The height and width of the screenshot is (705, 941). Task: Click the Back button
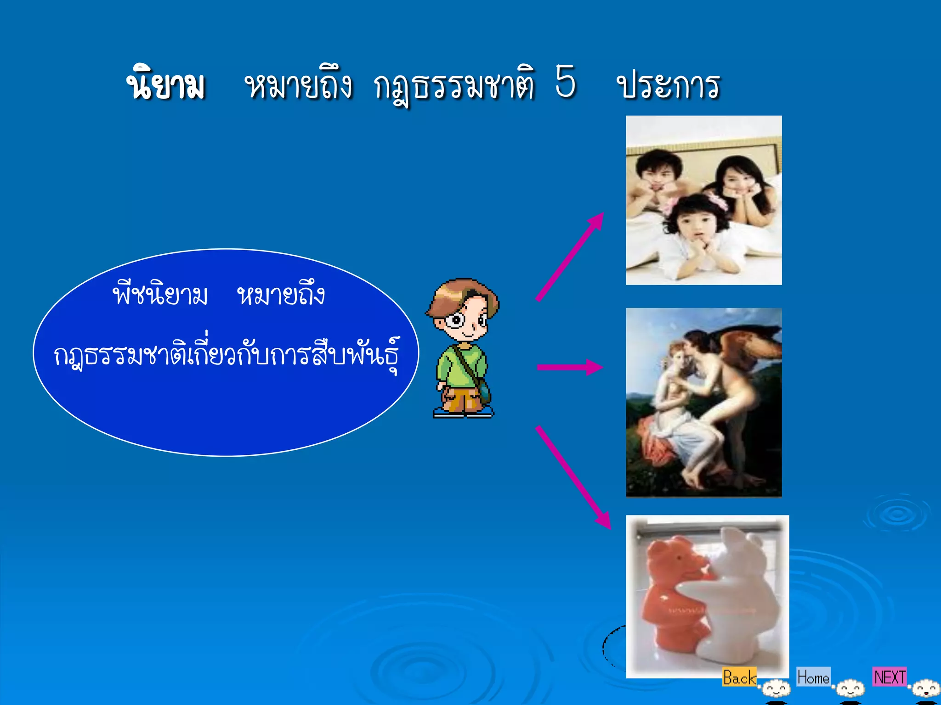click(739, 677)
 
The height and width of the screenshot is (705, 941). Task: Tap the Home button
click(813, 677)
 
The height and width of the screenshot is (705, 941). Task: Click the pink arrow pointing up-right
click(570, 257)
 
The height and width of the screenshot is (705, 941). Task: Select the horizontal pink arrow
click(570, 367)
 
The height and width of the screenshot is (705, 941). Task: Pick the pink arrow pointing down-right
click(573, 477)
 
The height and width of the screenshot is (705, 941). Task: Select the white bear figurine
click(735, 597)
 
